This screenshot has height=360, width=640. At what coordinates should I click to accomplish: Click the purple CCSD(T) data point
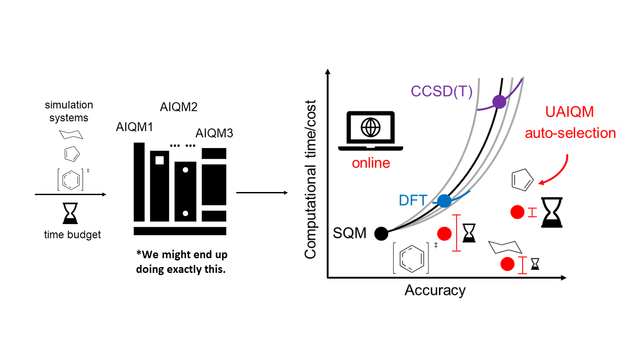499,102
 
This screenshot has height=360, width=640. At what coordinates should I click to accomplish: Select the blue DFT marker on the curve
444,200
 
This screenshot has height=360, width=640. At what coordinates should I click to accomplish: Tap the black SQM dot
381,234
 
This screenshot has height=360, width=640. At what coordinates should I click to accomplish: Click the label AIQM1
134,127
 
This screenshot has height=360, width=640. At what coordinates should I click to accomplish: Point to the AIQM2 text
179,107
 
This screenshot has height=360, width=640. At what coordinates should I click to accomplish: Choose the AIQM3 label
214,133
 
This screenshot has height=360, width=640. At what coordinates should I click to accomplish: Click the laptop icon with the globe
371,131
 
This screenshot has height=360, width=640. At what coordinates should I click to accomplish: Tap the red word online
371,163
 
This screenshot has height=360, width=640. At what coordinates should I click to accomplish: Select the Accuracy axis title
435,291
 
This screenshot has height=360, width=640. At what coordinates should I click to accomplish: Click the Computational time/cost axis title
310,180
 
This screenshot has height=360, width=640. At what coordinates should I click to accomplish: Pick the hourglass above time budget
70,213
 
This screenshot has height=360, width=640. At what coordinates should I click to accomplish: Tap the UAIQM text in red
569,112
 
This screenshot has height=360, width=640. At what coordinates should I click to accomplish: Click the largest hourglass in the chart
552,212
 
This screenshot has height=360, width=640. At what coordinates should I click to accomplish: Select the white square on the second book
160,160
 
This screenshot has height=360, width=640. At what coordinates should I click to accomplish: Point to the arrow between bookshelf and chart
262,193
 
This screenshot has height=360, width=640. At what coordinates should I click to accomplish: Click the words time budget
72,235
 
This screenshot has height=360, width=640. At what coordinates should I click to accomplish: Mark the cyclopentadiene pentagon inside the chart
522,180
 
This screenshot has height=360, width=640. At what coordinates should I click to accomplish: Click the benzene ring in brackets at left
71,180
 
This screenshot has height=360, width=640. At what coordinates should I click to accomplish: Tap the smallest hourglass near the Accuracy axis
535,264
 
